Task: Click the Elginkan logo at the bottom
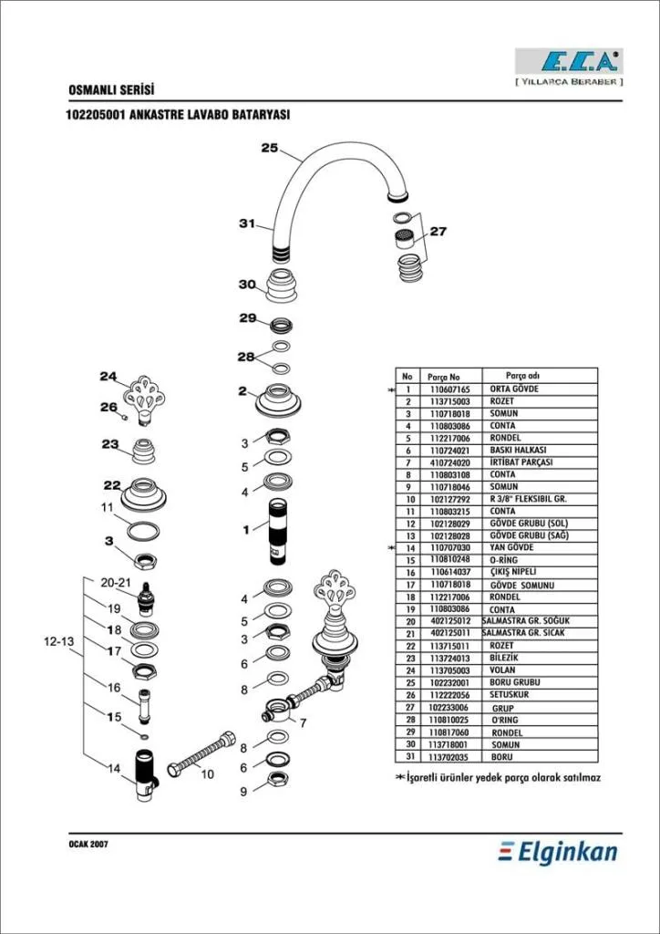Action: pyautogui.click(x=558, y=853)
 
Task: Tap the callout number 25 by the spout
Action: pyautogui.click(x=269, y=148)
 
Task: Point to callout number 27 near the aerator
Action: pyautogui.click(x=438, y=232)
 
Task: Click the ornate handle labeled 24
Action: pyautogui.click(x=144, y=396)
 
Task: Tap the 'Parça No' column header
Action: pyautogui.click(x=444, y=377)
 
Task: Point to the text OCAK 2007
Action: pyautogui.click(x=88, y=845)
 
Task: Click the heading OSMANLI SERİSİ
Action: pyautogui.click(x=111, y=90)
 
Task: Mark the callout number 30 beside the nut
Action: pyautogui.click(x=247, y=285)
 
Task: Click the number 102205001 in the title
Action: pyautogui.click(x=97, y=116)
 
